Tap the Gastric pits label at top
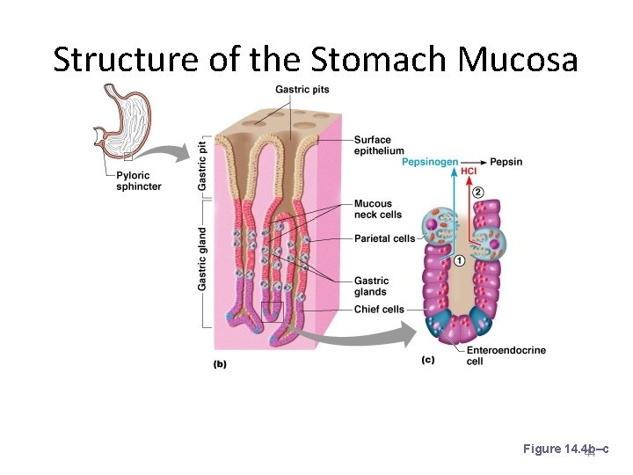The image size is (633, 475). (302, 89)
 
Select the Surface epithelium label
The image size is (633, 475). (379, 145)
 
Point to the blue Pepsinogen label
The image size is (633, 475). (430, 163)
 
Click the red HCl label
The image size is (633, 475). (469, 172)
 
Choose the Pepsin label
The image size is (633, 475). (506, 163)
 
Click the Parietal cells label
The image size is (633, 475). (385, 238)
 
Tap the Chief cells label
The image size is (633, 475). (379, 310)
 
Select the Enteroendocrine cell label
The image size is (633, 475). (506, 355)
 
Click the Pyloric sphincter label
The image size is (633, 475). (139, 181)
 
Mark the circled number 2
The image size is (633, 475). (477, 193)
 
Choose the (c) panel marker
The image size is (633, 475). (428, 359)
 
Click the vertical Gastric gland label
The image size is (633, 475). (202, 259)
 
